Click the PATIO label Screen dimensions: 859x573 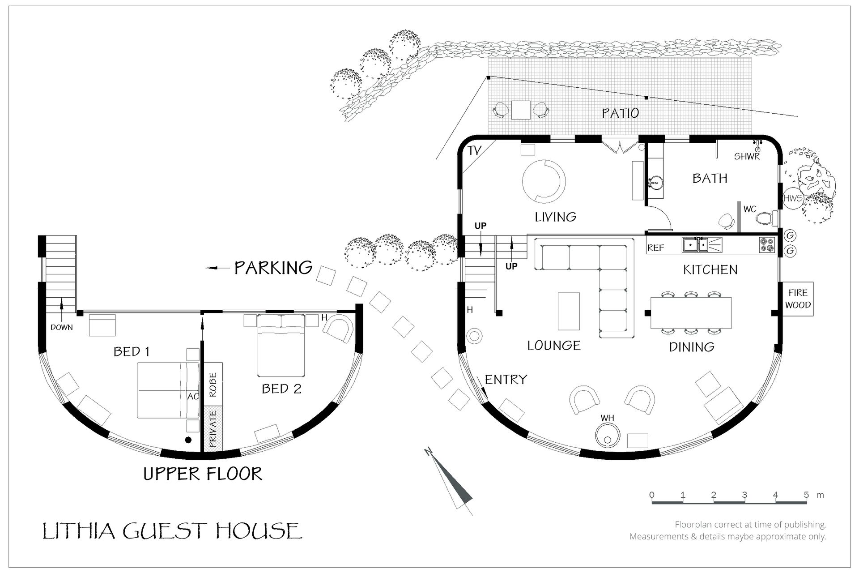620,113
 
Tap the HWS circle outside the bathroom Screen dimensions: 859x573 793,198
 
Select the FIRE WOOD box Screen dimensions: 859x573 798,299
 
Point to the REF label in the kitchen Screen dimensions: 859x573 655,248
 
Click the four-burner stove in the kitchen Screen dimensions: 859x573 766,245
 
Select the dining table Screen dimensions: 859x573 691,313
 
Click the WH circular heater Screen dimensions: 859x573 607,435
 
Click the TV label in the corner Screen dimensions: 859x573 474,151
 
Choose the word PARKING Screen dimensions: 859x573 273,268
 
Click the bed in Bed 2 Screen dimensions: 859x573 281,346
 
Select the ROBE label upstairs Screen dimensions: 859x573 213,385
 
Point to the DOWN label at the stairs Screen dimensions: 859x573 62,327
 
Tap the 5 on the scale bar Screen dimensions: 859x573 806,495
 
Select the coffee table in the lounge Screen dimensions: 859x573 569,311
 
